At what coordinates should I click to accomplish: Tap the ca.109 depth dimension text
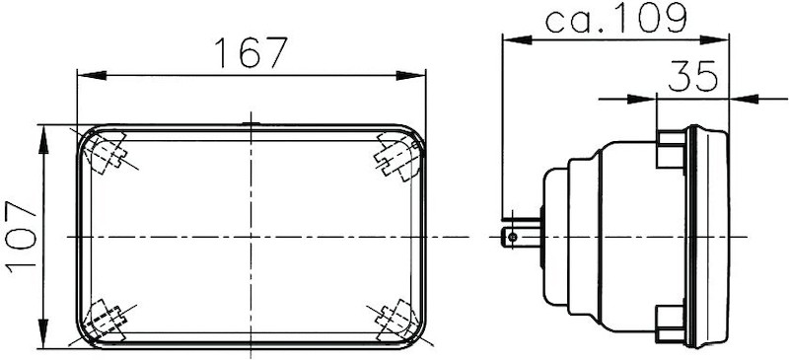click(614, 18)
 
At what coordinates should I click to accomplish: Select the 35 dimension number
click(692, 77)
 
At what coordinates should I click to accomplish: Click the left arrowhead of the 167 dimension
click(84, 74)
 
